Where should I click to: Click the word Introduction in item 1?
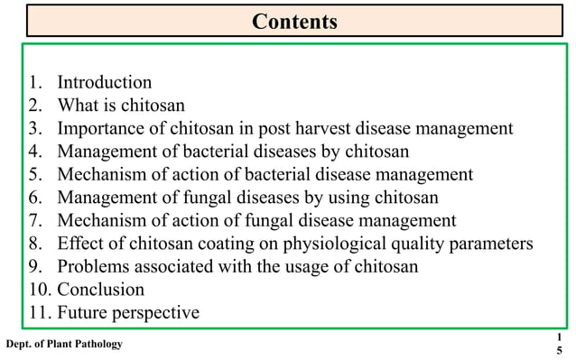coord(105,83)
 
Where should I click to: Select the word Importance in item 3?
coord(103,128)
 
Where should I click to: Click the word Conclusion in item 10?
coord(101,290)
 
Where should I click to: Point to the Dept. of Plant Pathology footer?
coord(64,344)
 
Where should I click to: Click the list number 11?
coord(33,313)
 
